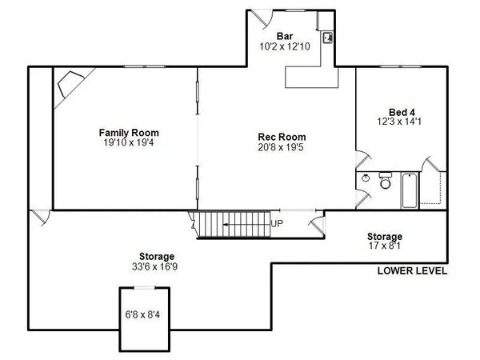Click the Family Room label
pyautogui.click(x=129, y=132)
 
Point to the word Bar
pyautogui.click(x=284, y=37)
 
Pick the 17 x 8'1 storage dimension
pyautogui.click(x=385, y=246)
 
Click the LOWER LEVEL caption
pyautogui.click(x=412, y=271)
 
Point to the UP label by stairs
pyautogui.click(x=277, y=224)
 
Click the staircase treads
pyautogui.click(x=232, y=225)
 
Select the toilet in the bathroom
pyautogui.click(x=385, y=184)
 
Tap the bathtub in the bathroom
pyautogui.click(x=408, y=190)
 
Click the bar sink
pyautogui.click(x=328, y=37)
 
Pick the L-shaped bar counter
pyautogui.click(x=312, y=77)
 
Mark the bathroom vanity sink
pyautogui.click(x=366, y=178)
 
